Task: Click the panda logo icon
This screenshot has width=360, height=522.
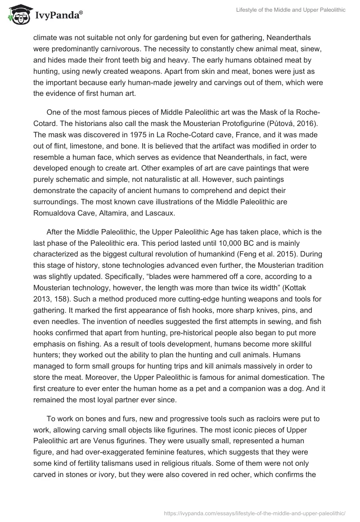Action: coord(17,14)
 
